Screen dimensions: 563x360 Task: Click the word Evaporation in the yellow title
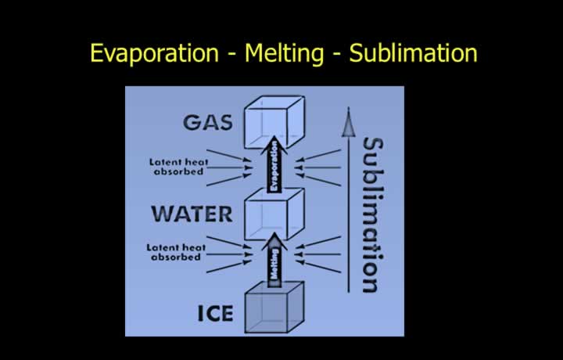tap(154, 53)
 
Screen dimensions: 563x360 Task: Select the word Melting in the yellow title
tap(284, 54)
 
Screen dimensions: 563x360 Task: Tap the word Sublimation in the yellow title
tap(414, 52)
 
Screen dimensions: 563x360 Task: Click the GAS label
tap(208, 123)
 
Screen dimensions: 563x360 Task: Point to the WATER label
tap(192, 214)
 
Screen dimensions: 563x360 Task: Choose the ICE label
tap(216, 313)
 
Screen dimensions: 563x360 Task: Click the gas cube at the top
tap(274, 122)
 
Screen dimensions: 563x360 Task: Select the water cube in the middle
tap(274, 214)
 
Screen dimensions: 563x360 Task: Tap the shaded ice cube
tap(274, 308)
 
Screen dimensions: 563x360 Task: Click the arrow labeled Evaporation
tap(274, 164)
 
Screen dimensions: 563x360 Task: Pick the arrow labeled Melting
tap(274, 260)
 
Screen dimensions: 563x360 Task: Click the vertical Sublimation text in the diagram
tap(373, 215)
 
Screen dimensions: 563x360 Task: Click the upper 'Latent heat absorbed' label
tap(179, 167)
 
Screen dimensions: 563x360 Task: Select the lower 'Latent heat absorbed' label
tap(176, 252)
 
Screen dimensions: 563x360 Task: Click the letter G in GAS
tap(191, 123)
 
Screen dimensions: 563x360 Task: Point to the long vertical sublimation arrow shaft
tap(348, 214)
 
